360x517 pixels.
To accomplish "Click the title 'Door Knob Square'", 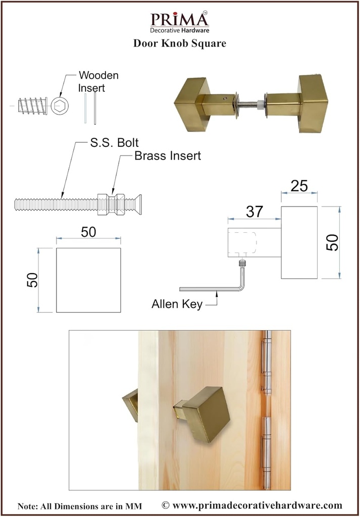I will (179, 43).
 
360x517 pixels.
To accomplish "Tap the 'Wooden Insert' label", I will (98, 81).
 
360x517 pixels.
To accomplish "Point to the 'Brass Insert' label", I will (167, 156).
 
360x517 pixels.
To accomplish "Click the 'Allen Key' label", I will (177, 304).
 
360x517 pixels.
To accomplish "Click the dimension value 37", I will (254, 212).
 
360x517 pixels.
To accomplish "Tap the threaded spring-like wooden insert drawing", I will (31, 107).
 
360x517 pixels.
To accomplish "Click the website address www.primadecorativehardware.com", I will (251, 505).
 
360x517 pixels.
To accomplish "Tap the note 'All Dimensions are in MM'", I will (80, 506).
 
